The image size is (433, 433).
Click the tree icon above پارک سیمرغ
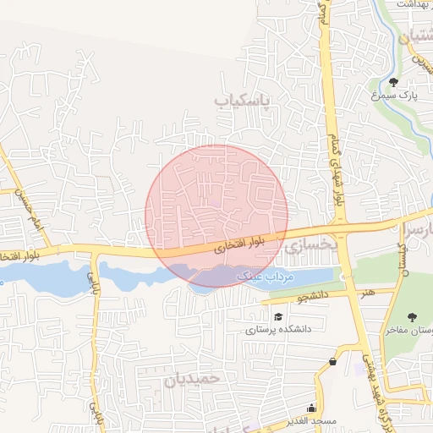pyautogui.click(x=394, y=82)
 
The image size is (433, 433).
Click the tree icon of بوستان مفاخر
pyautogui.click(x=412, y=317)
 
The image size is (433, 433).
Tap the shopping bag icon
pyautogui.click(x=332, y=361)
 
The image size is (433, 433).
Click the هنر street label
pyautogui.click(x=367, y=293)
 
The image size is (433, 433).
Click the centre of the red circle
pyautogui.click(x=216, y=216)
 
